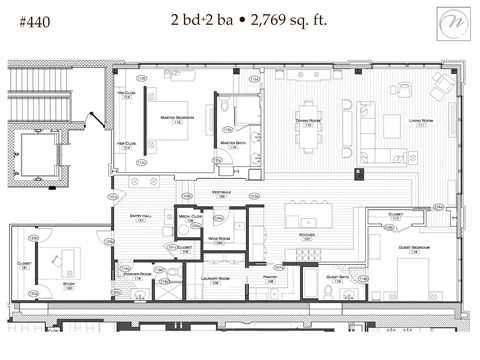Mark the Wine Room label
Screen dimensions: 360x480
point(221,238)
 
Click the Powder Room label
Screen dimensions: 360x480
point(138,273)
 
